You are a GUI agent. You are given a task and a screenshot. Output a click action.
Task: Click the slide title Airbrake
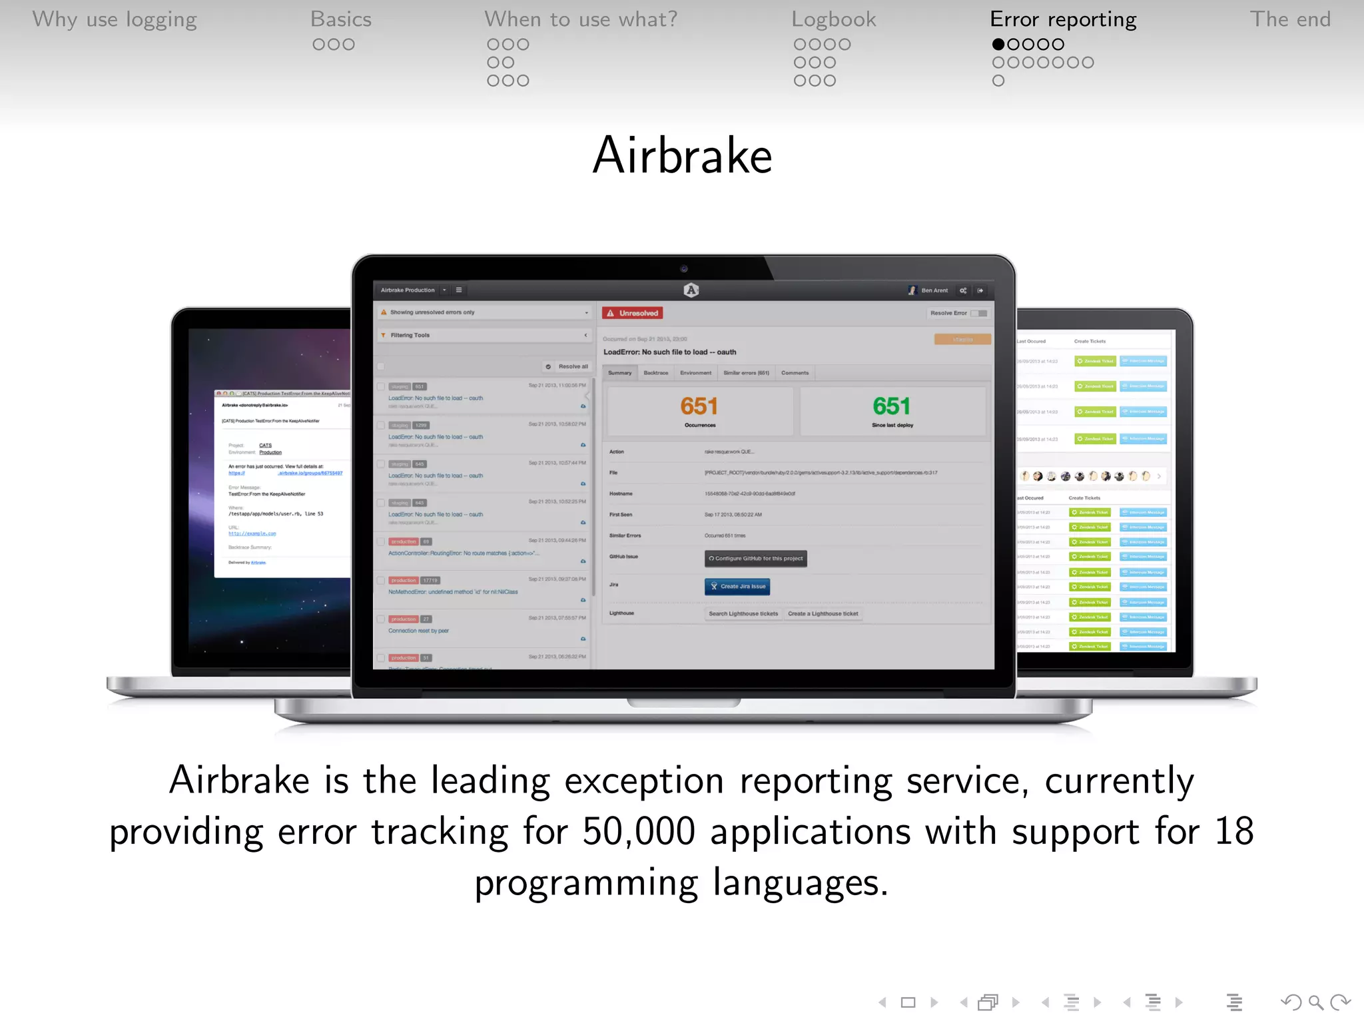[x=682, y=156]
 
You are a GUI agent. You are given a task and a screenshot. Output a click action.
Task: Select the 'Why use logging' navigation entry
[x=115, y=19]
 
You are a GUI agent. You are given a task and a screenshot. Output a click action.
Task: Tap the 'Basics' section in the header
[x=340, y=19]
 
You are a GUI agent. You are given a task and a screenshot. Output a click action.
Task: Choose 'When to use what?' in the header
[x=580, y=19]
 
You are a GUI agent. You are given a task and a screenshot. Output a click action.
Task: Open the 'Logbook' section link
[x=833, y=19]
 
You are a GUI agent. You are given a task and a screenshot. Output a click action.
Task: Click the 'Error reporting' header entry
[x=1063, y=19]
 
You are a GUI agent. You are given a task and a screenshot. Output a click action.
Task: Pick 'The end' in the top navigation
[x=1289, y=19]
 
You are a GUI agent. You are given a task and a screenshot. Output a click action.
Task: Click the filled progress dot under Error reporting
[x=998, y=45]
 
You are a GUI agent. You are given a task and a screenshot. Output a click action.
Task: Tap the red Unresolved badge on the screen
[x=632, y=313]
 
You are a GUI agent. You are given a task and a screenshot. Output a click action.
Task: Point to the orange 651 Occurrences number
[x=699, y=406]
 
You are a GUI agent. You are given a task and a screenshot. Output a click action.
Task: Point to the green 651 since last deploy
[x=891, y=406]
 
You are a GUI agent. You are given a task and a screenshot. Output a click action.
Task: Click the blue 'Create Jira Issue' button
[x=737, y=586]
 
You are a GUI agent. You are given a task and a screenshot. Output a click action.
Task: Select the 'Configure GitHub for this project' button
[x=755, y=558]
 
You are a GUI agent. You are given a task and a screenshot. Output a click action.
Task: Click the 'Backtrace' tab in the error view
[x=655, y=373]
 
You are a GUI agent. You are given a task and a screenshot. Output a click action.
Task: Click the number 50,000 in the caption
[x=638, y=831]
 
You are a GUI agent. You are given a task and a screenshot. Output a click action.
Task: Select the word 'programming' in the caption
[x=586, y=883]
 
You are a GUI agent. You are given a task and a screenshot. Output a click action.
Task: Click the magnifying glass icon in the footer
[x=1315, y=1002]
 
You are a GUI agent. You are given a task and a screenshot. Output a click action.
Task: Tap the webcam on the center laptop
[x=683, y=269]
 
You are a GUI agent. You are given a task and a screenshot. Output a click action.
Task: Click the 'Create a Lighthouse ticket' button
[x=823, y=613]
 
